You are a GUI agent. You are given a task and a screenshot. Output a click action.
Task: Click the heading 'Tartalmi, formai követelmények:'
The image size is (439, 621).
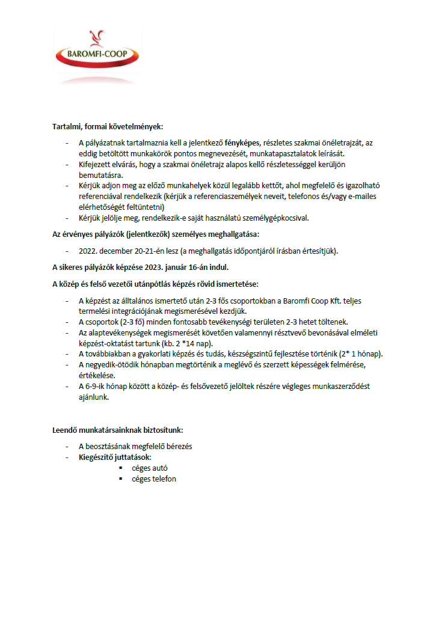pyautogui.click(x=108, y=127)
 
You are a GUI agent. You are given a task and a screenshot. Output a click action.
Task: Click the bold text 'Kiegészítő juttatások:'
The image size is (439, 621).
pyautogui.click(x=115, y=457)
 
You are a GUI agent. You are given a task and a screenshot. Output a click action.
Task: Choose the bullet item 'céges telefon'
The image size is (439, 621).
pyautogui.click(x=154, y=479)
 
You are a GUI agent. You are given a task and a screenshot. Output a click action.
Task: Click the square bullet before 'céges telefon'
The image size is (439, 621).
pyautogui.click(x=121, y=479)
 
